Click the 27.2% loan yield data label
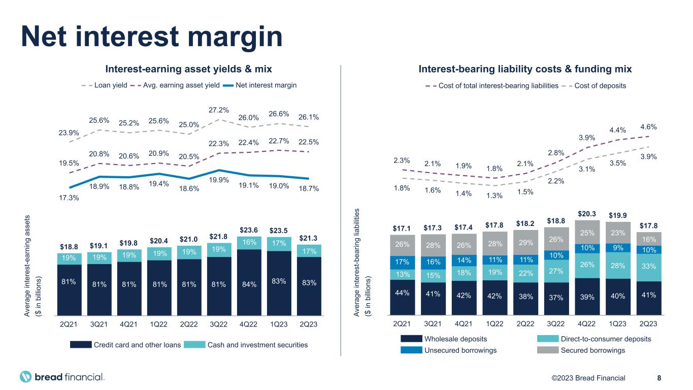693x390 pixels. pyautogui.click(x=219, y=110)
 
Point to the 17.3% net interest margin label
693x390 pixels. pyautogui.click(x=69, y=198)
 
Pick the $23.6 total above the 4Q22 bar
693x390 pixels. pyautogui.click(x=249, y=229)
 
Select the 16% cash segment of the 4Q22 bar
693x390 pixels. pyautogui.click(x=249, y=243)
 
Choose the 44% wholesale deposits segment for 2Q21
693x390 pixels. pyautogui.click(x=402, y=293)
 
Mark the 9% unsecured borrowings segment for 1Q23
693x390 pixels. pyautogui.click(x=617, y=248)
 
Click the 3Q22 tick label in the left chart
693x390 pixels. pyautogui.click(x=219, y=323)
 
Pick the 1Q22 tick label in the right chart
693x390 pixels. pyautogui.click(x=494, y=323)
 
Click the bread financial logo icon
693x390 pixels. pyautogui.click(x=26, y=377)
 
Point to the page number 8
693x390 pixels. pyautogui.click(x=659, y=378)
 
